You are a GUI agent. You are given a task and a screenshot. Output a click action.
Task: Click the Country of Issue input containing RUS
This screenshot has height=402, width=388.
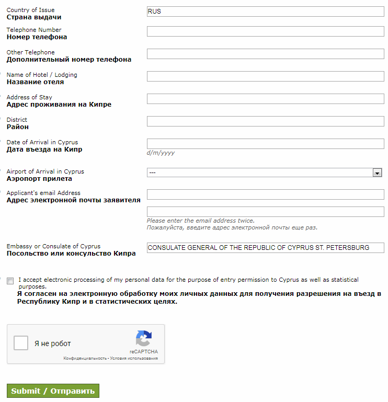point(265,12)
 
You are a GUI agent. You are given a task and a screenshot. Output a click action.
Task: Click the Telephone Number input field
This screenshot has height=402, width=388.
point(265,31)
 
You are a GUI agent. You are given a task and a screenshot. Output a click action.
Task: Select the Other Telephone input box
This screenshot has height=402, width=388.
point(265,54)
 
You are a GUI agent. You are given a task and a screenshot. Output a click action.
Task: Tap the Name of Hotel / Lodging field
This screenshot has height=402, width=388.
point(265,76)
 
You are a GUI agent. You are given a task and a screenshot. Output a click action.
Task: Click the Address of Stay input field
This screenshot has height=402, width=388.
point(265,99)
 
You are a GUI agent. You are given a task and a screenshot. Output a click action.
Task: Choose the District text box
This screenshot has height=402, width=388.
point(265,121)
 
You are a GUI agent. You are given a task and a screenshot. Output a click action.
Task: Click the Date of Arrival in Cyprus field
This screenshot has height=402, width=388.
point(265,144)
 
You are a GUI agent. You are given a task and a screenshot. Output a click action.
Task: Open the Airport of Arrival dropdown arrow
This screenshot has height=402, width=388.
point(376,173)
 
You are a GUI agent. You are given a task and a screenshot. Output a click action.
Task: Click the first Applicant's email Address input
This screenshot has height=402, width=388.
point(265,194)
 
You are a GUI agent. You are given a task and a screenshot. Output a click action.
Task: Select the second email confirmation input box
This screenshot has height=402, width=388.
point(265,211)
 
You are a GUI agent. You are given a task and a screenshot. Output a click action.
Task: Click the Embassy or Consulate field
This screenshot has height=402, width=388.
point(265,248)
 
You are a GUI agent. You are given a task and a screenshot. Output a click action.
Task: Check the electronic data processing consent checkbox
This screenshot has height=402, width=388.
point(10,281)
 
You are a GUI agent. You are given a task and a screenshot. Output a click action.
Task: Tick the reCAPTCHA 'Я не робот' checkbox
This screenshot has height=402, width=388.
point(21,343)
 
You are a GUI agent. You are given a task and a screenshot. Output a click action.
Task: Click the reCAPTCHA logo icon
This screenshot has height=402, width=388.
point(143,338)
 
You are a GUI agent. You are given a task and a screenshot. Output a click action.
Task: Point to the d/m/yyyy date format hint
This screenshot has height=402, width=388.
point(161,153)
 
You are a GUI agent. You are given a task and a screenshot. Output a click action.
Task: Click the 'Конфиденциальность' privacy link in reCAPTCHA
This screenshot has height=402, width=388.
point(85,359)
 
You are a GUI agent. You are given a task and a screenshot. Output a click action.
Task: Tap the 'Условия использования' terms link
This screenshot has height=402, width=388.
point(134,359)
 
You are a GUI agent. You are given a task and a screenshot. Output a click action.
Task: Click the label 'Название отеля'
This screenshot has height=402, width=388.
point(35,82)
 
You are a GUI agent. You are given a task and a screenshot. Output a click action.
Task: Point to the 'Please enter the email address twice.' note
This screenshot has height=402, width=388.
point(201,221)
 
